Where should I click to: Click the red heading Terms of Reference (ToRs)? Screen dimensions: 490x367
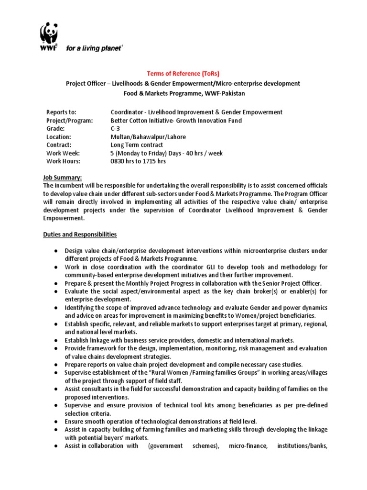pyautogui.click(x=183, y=73)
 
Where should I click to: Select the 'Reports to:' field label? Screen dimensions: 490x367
pyautogui.click(x=61, y=112)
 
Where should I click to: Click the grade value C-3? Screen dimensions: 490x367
pyautogui.click(x=116, y=129)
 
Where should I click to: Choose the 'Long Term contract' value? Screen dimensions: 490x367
pyautogui.click(x=137, y=145)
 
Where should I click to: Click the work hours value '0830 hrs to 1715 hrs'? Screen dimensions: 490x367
pyautogui.click(x=138, y=161)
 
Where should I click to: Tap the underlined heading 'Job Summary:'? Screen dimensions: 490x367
pyautogui.click(x=63, y=178)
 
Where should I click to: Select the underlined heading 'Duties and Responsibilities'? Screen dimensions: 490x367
pyautogui.click(x=80, y=234)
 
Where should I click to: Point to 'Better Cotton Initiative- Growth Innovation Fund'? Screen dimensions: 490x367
pyautogui.click(x=176, y=121)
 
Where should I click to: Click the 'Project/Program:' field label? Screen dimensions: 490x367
pyautogui.click(x=69, y=121)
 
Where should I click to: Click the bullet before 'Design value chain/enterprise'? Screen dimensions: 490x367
pyautogui.click(x=56, y=251)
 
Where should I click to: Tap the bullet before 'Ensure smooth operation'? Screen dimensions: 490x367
pyautogui.click(x=56, y=422)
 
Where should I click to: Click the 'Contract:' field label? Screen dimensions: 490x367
pyautogui.click(x=59, y=145)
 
